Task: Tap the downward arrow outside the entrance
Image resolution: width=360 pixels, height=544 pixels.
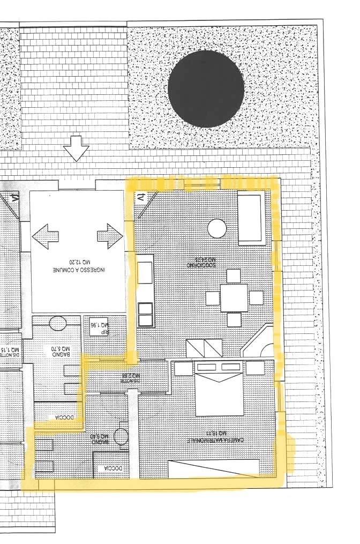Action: pyautogui.click(x=76, y=148)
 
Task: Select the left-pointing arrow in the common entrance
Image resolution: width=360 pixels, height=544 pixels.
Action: pyautogui.click(x=45, y=236)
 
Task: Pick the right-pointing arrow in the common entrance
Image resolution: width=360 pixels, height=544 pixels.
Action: pyautogui.click(x=110, y=236)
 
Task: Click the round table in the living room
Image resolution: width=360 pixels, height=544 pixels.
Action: pyautogui.click(x=217, y=228)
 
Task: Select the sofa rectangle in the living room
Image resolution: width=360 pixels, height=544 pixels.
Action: pyautogui.click(x=250, y=218)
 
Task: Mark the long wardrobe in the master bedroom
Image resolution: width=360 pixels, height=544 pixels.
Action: pyautogui.click(x=214, y=468)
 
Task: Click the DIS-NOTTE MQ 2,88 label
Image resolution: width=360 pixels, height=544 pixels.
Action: pyautogui.click(x=130, y=376)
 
